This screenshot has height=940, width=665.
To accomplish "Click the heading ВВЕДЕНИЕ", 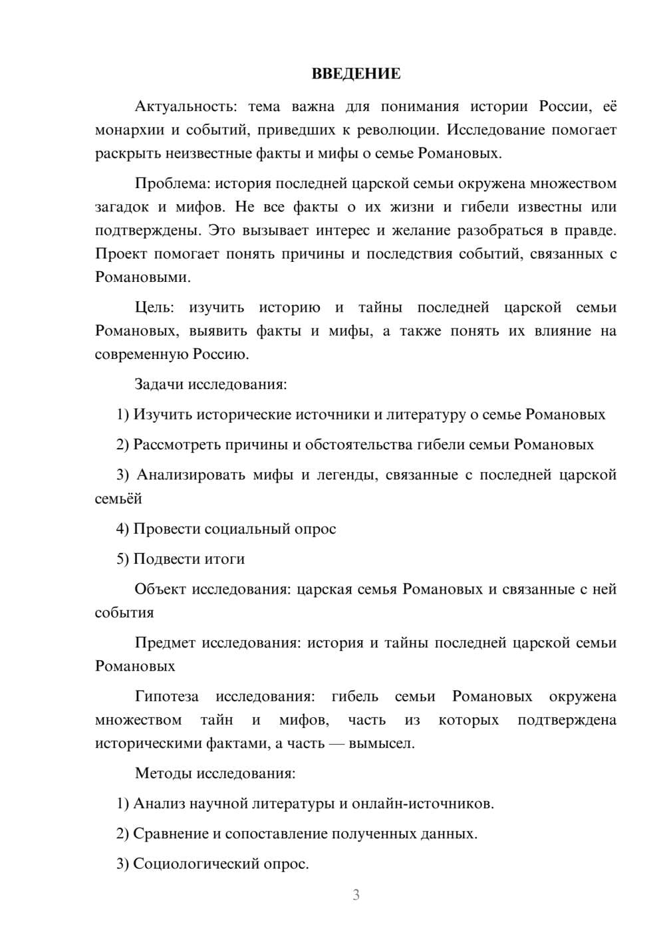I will click(x=356, y=74).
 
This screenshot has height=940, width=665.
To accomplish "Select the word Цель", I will click(x=154, y=308).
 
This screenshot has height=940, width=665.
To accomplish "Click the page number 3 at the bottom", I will click(x=356, y=895).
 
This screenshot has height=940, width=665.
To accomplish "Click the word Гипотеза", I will click(x=166, y=697).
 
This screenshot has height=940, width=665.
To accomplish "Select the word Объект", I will click(x=160, y=589).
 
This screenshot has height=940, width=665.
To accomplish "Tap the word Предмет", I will click(x=165, y=643).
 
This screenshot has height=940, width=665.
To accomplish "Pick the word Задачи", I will click(x=160, y=384).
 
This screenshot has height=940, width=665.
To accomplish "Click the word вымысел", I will click(x=388, y=743).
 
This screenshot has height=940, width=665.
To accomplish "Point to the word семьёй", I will click(x=118, y=499).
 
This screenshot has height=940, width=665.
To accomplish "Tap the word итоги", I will click(x=224, y=559).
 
